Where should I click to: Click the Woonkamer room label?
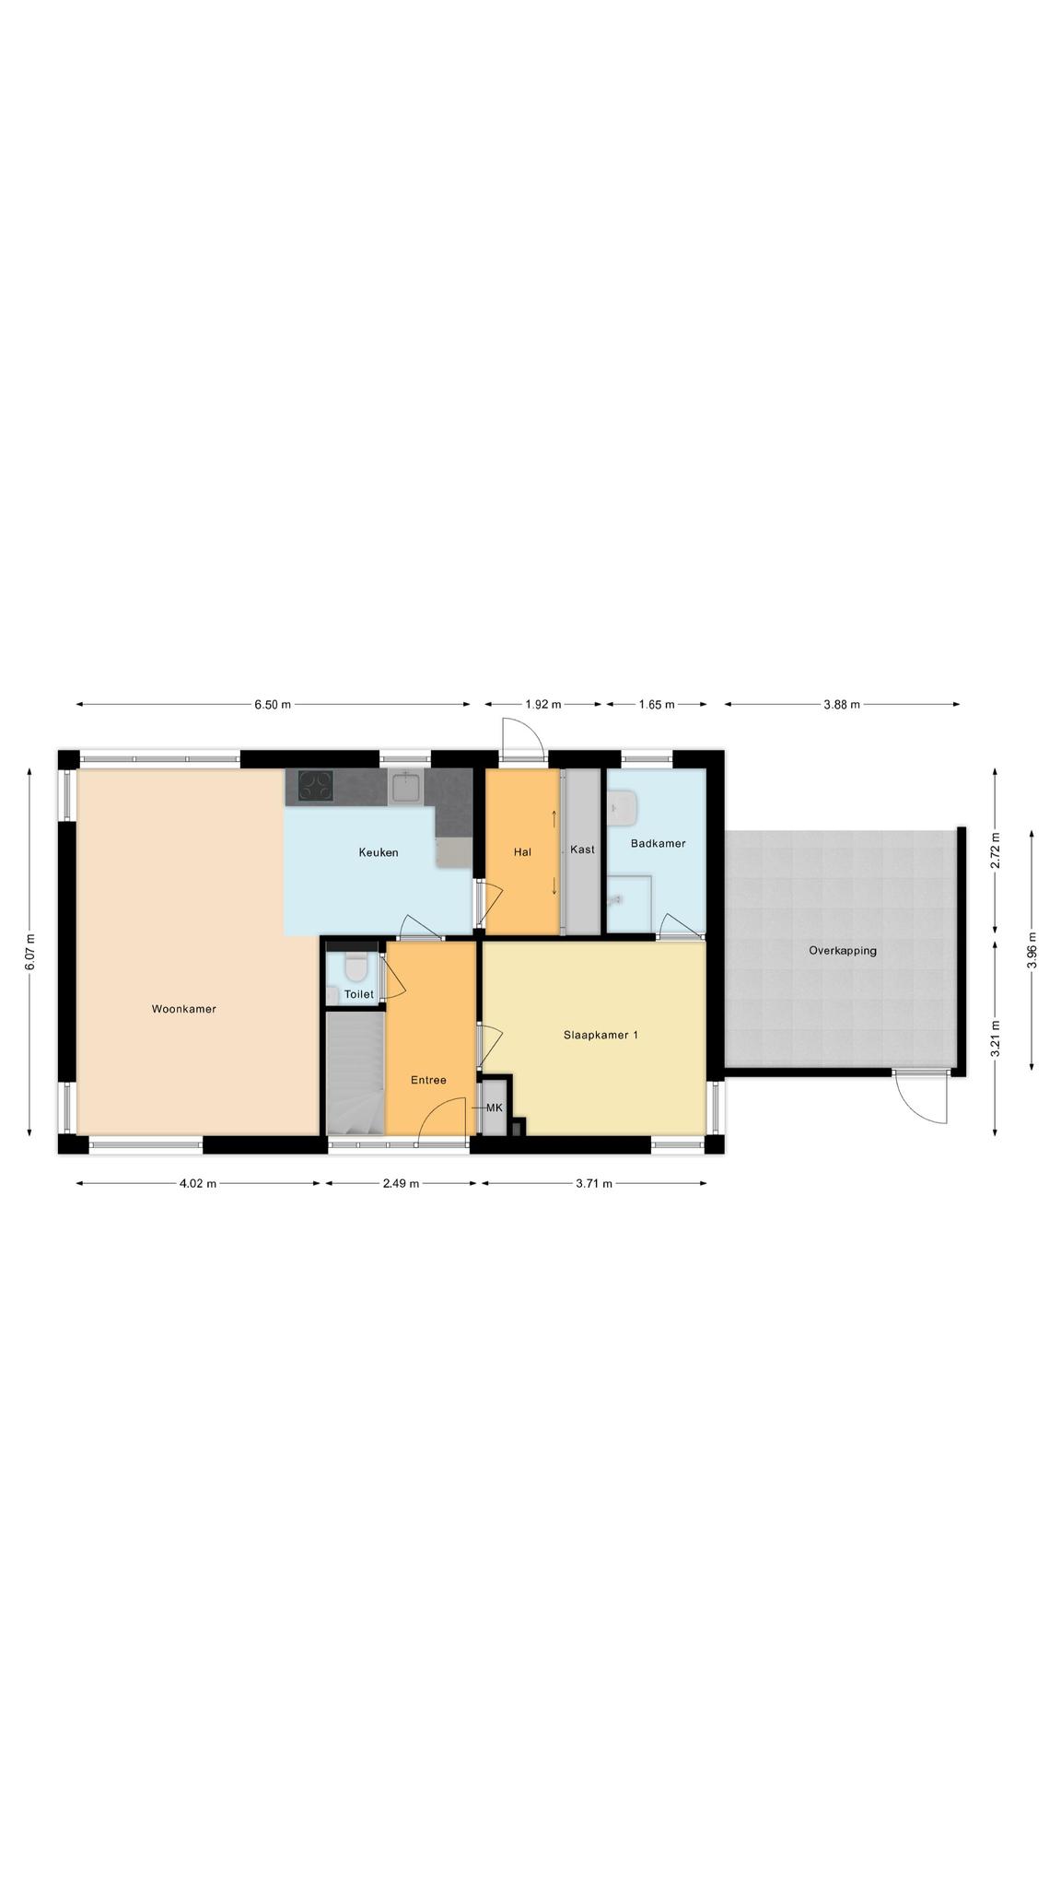(183, 1009)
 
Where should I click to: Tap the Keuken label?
(379, 852)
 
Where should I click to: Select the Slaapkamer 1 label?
(600, 1035)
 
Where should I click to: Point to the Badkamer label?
(658, 843)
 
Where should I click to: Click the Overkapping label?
(843, 950)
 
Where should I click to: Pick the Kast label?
(582, 850)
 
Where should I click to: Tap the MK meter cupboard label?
(495, 1108)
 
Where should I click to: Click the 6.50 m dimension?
(273, 705)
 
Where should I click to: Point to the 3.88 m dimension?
(842, 705)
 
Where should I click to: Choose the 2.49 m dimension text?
(401, 1184)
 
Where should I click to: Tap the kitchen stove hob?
(315, 788)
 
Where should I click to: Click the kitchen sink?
(405, 788)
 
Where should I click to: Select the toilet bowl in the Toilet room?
(356, 969)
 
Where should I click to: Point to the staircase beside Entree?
(356, 1073)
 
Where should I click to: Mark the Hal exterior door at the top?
(522, 739)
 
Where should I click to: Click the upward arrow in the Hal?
(554, 818)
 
